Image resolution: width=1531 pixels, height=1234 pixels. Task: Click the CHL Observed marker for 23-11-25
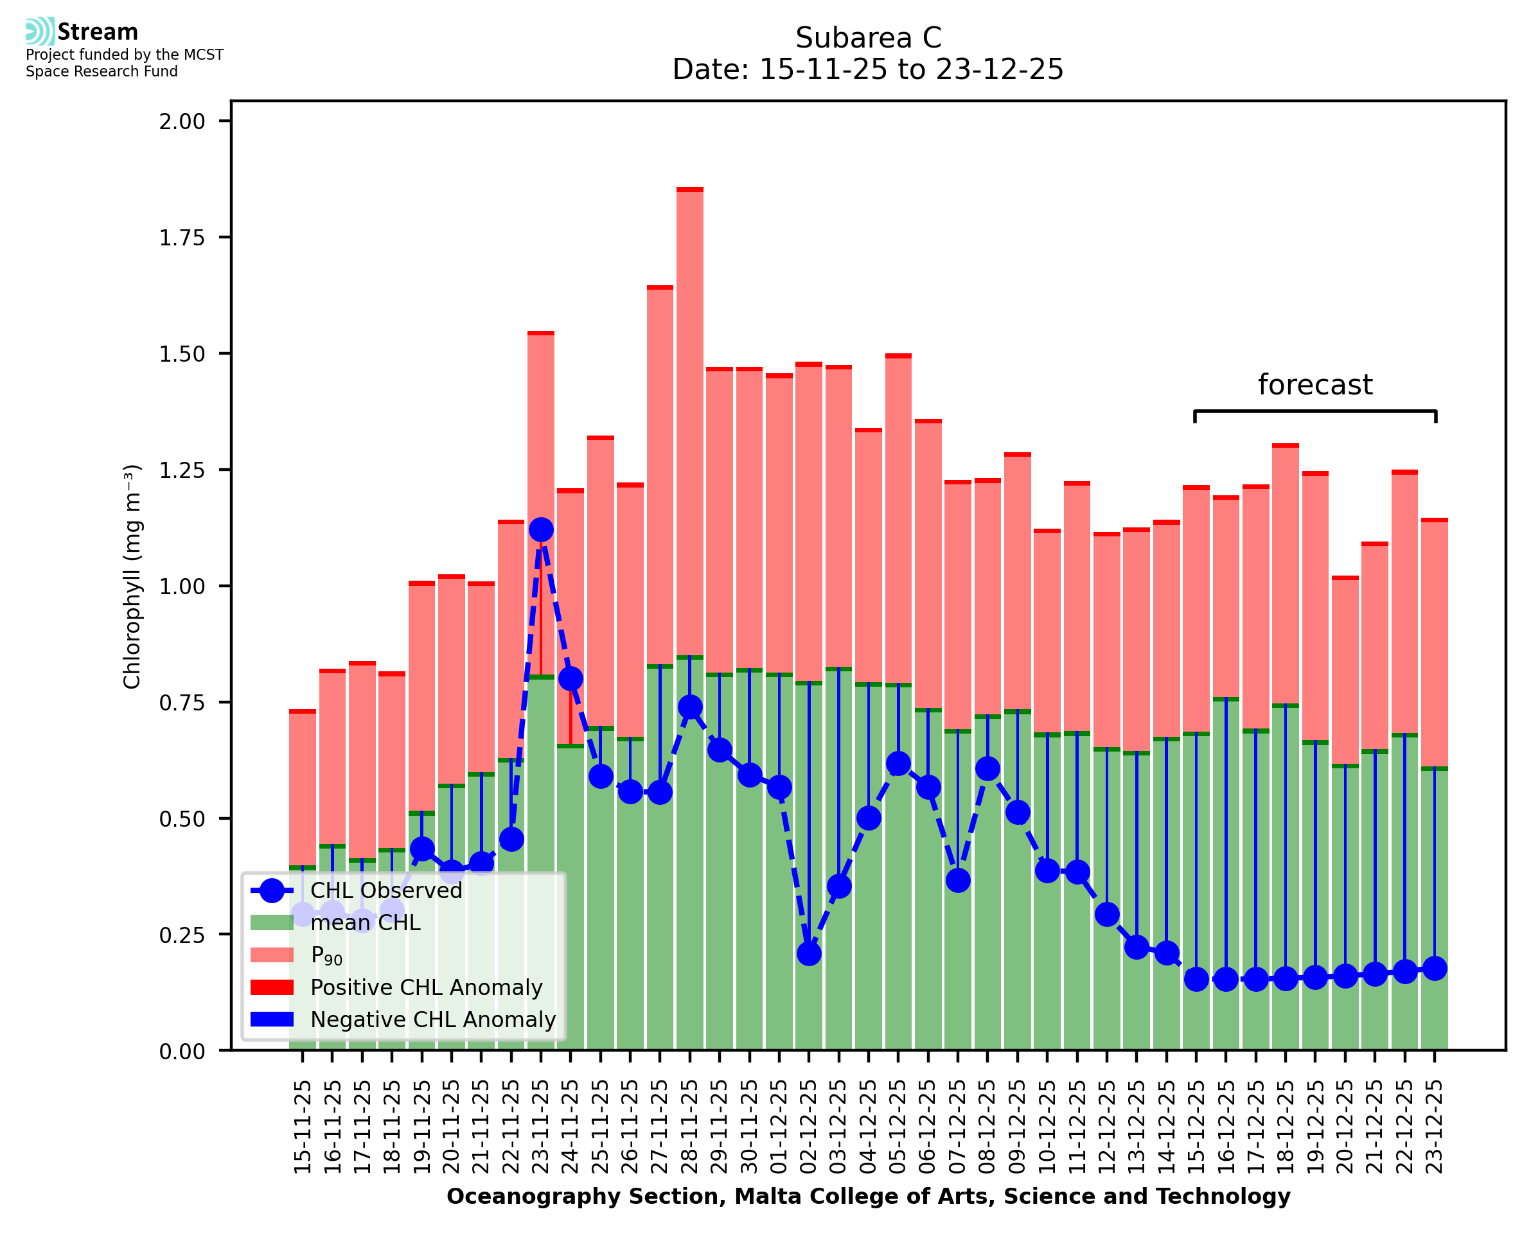(x=541, y=529)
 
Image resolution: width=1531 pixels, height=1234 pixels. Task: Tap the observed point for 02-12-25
(x=809, y=953)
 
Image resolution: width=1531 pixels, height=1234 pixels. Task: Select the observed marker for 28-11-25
(x=689, y=707)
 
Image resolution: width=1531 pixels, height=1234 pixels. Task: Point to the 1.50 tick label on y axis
(x=182, y=354)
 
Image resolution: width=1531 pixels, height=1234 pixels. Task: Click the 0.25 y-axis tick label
(x=182, y=935)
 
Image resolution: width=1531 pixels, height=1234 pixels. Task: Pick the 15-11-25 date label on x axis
(x=303, y=1127)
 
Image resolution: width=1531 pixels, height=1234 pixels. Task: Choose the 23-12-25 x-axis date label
(x=1435, y=1127)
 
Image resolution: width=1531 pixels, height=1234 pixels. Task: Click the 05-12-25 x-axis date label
(x=898, y=1127)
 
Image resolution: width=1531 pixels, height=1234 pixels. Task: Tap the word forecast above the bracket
(x=1315, y=385)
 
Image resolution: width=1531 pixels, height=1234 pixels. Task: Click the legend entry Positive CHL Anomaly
(x=426, y=987)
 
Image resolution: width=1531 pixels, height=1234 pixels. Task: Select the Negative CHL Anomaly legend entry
(x=432, y=1019)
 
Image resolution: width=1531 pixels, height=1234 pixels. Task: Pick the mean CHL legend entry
(x=366, y=922)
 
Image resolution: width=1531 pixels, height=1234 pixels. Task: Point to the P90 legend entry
(x=326, y=955)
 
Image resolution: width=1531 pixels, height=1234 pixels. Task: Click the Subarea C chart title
(x=868, y=38)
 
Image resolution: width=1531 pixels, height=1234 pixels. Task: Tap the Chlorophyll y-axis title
(x=132, y=576)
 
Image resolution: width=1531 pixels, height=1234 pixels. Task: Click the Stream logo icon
(x=40, y=31)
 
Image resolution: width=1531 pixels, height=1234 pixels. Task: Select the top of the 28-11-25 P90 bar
(x=689, y=190)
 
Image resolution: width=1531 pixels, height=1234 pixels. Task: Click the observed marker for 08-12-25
(x=987, y=768)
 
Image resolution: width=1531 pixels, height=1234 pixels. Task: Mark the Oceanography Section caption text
(x=868, y=1196)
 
